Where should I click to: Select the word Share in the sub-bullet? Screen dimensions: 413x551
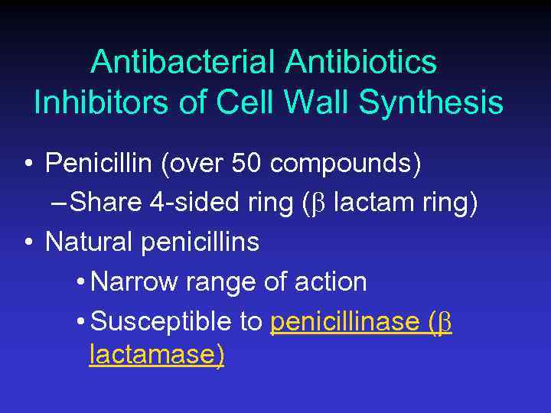coord(109,203)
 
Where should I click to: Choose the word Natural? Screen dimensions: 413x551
coord(90,242)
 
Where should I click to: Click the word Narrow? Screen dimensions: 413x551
coord(134,282)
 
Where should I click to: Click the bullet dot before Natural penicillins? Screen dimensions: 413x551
coord(28,243)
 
